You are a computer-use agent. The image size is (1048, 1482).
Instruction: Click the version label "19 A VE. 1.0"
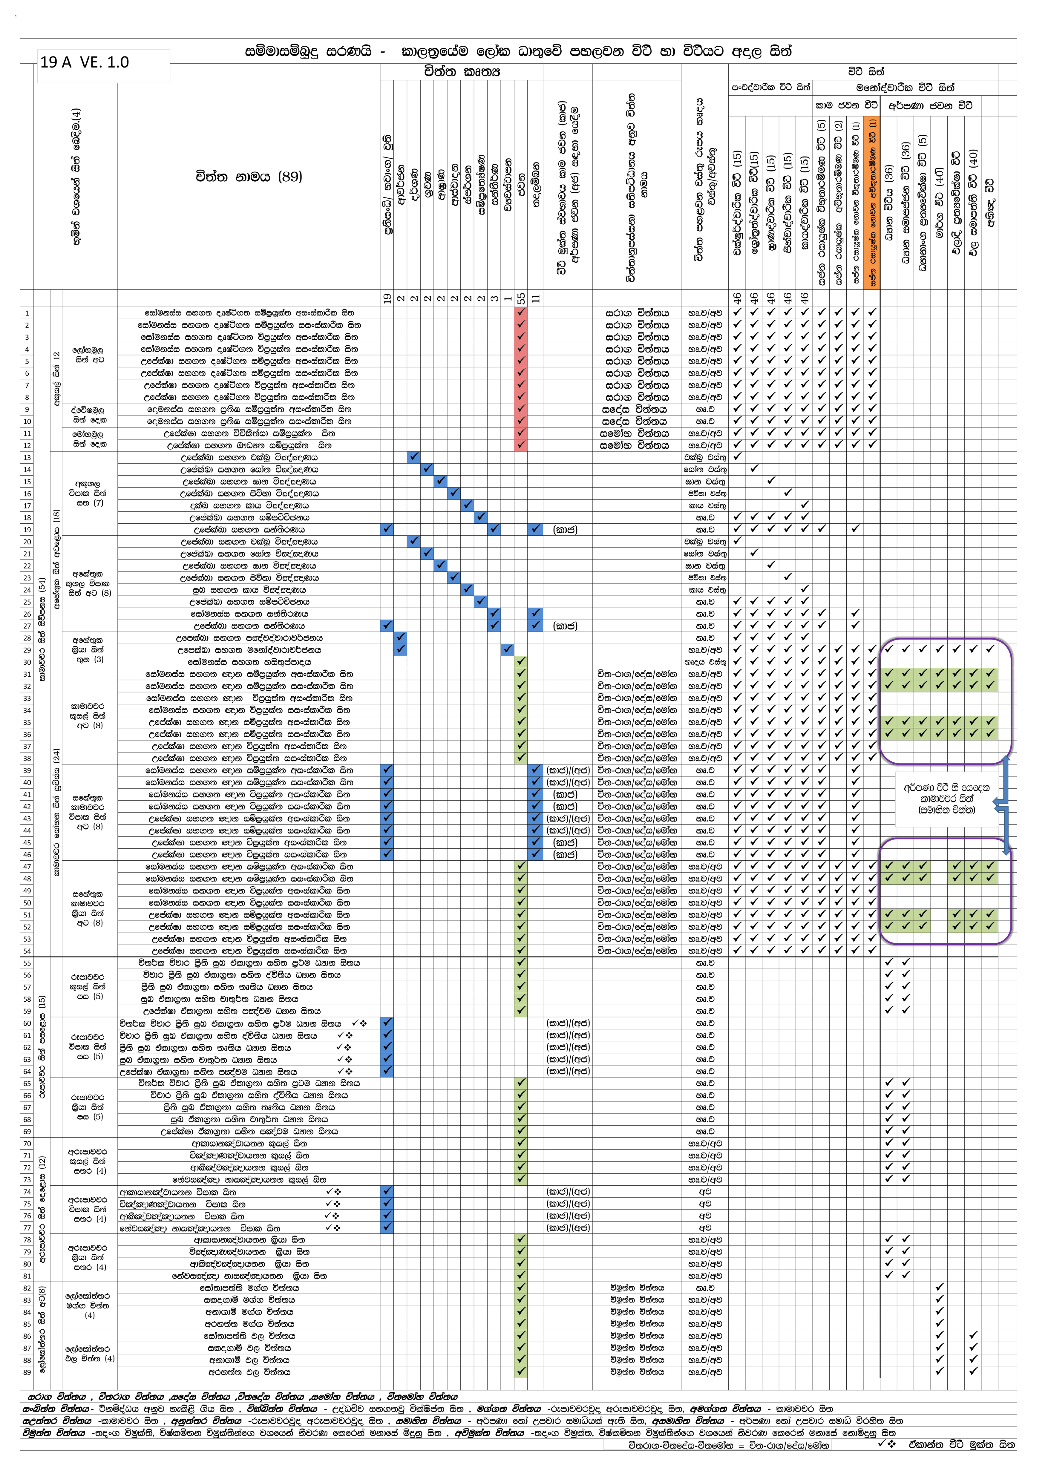85,63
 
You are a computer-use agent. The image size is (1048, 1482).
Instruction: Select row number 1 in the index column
27,313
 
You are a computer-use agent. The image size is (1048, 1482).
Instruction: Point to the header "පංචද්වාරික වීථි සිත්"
770,87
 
